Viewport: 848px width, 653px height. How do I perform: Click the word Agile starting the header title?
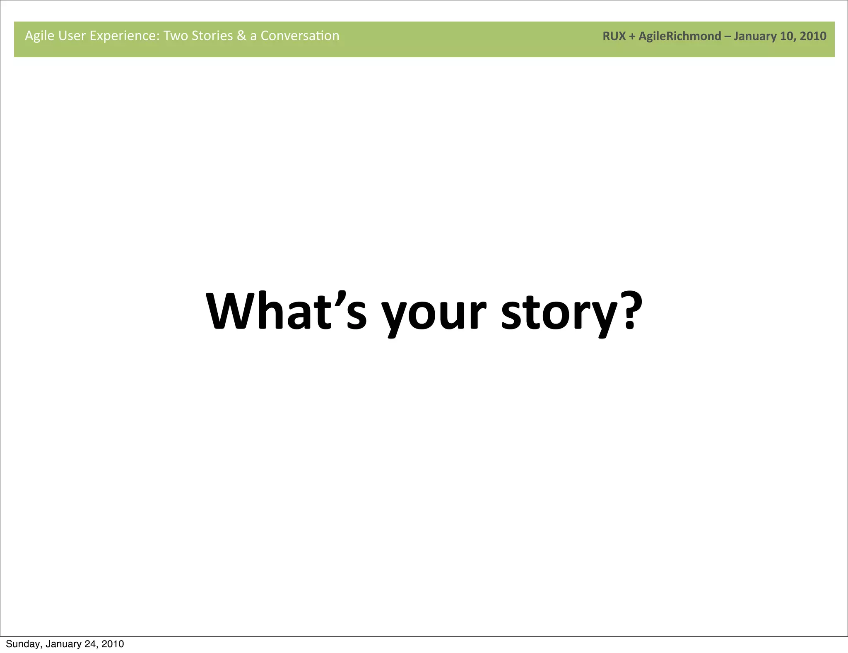click(x=40, y=36)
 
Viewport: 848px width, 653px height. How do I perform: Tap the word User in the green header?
click(x=72, y=36)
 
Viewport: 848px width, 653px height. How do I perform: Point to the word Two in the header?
click(x=176, y=36)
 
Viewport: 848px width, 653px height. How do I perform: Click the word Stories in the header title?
click(x=212, y=36)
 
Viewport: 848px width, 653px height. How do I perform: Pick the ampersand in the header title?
click(x=241, y=36)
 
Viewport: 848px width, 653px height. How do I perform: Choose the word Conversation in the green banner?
click(x=300, y=36)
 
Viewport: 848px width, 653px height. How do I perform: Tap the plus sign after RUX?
click(x=632, y=36)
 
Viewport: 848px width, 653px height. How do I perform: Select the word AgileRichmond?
click(x=679, y=36)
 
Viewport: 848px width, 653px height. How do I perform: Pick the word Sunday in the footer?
click(x=23, y=644)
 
